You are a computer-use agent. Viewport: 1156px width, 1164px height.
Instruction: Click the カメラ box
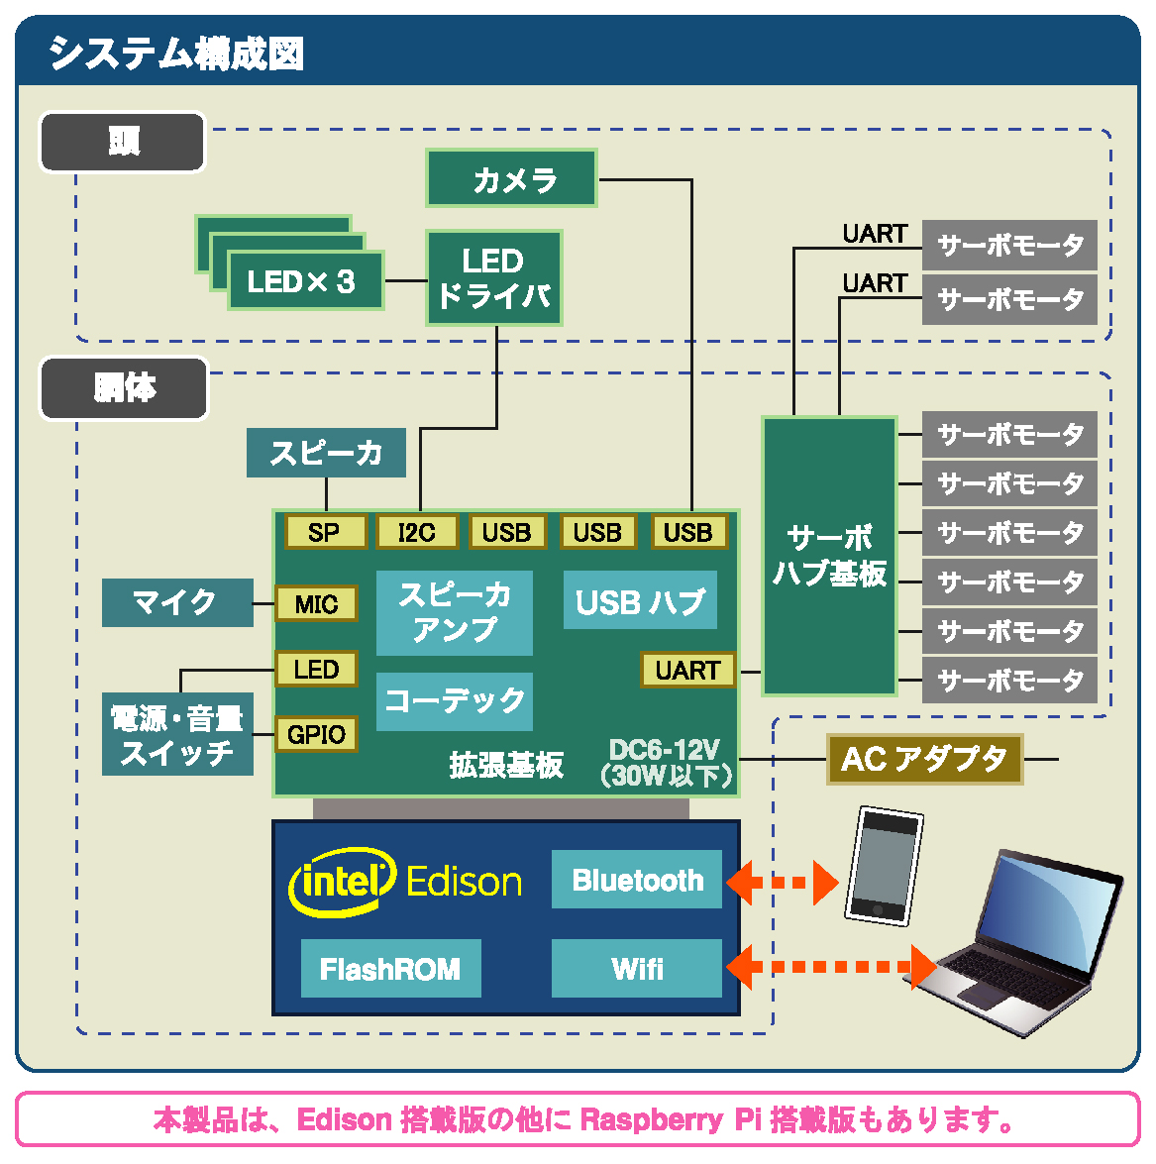(x=511, y=178)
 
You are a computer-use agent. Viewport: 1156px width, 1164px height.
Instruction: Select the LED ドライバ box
(x=494, y=278)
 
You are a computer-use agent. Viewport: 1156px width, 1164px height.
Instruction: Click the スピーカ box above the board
(x=326, y=453)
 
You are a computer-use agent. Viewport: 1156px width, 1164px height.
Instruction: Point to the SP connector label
(x=325, y=532)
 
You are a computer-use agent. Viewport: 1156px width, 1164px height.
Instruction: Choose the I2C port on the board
(x=417, y=532)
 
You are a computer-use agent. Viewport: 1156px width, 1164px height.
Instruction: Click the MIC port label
(x=316, y=603)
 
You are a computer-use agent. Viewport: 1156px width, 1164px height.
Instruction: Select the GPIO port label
(x=316, y=734)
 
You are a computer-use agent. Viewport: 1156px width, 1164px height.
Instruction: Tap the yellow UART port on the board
(x=687, y=671)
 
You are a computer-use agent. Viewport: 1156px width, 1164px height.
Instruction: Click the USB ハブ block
(x=640, y=600)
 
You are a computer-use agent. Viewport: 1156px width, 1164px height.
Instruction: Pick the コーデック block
(x=455, y=701)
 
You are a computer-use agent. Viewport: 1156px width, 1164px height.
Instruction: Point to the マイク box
(x=177, y=602)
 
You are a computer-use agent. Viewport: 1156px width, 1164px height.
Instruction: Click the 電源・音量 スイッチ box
(x=177, y=734)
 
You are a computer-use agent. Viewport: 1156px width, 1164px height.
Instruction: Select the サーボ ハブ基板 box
(x=829, y=556)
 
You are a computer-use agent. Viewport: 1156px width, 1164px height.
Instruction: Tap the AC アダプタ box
(x=924, y=760)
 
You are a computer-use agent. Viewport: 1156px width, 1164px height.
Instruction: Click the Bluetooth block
(x=637, y=880)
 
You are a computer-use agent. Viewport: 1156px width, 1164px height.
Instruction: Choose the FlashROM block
(x=390, y=968)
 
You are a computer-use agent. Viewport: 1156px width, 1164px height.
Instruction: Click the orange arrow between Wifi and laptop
(x=832, y=967)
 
